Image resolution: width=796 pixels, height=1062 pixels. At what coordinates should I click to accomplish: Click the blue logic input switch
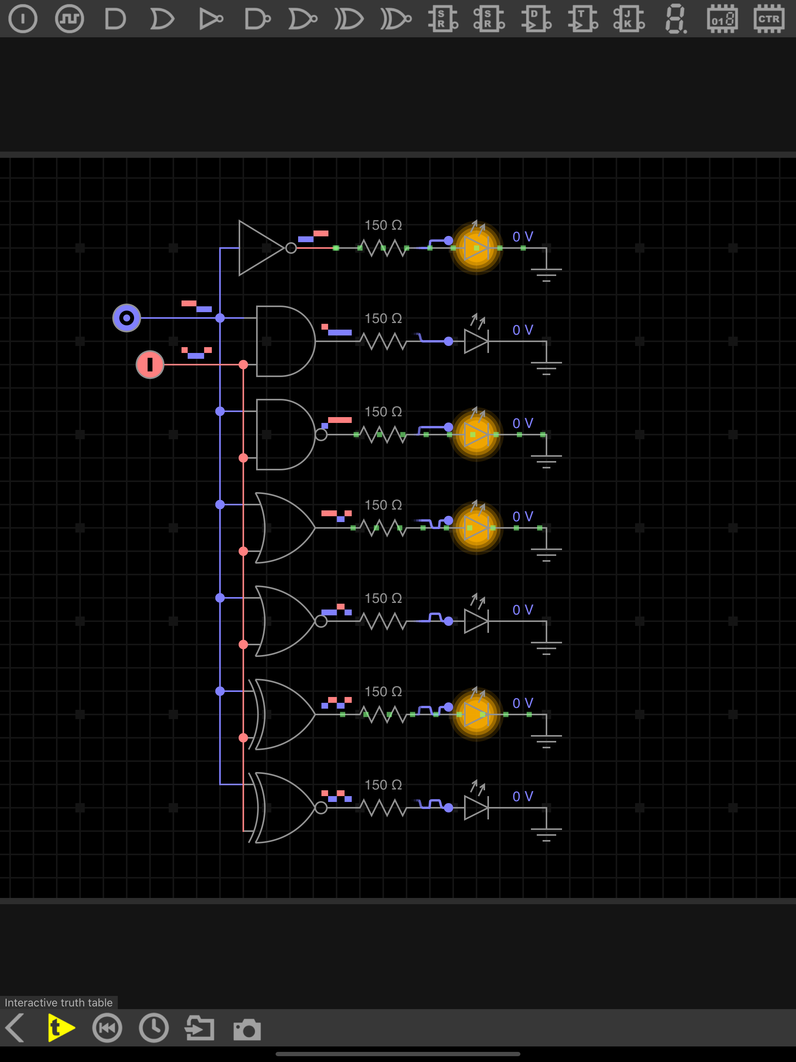[126, 318]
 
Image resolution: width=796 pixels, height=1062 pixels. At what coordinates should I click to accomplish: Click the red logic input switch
[150, 364]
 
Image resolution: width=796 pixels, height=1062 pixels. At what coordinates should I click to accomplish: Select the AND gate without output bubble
[285, 341]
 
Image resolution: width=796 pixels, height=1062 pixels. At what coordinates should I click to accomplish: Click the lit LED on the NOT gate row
[476, 248]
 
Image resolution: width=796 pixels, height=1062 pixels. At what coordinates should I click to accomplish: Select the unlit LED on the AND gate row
[476, 339]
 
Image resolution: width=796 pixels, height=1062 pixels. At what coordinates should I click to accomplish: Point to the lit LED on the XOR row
[476, 714]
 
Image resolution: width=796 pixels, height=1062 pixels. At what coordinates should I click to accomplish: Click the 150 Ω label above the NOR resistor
[383, 598]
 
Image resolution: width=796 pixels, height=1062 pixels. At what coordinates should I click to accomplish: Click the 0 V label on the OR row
[523, 517]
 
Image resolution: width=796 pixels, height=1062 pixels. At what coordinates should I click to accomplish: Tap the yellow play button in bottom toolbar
[61, 1028]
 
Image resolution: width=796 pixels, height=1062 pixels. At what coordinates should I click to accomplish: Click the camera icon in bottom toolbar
[247, 1029]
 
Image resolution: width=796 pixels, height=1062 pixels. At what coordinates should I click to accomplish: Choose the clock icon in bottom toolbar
[154, 1028]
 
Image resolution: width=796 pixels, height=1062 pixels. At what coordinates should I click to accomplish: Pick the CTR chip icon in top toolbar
[769, 19]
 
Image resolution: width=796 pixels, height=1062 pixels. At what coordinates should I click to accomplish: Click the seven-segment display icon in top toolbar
[676, 19]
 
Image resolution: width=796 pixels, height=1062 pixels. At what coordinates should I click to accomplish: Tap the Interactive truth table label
[59, 1003]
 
